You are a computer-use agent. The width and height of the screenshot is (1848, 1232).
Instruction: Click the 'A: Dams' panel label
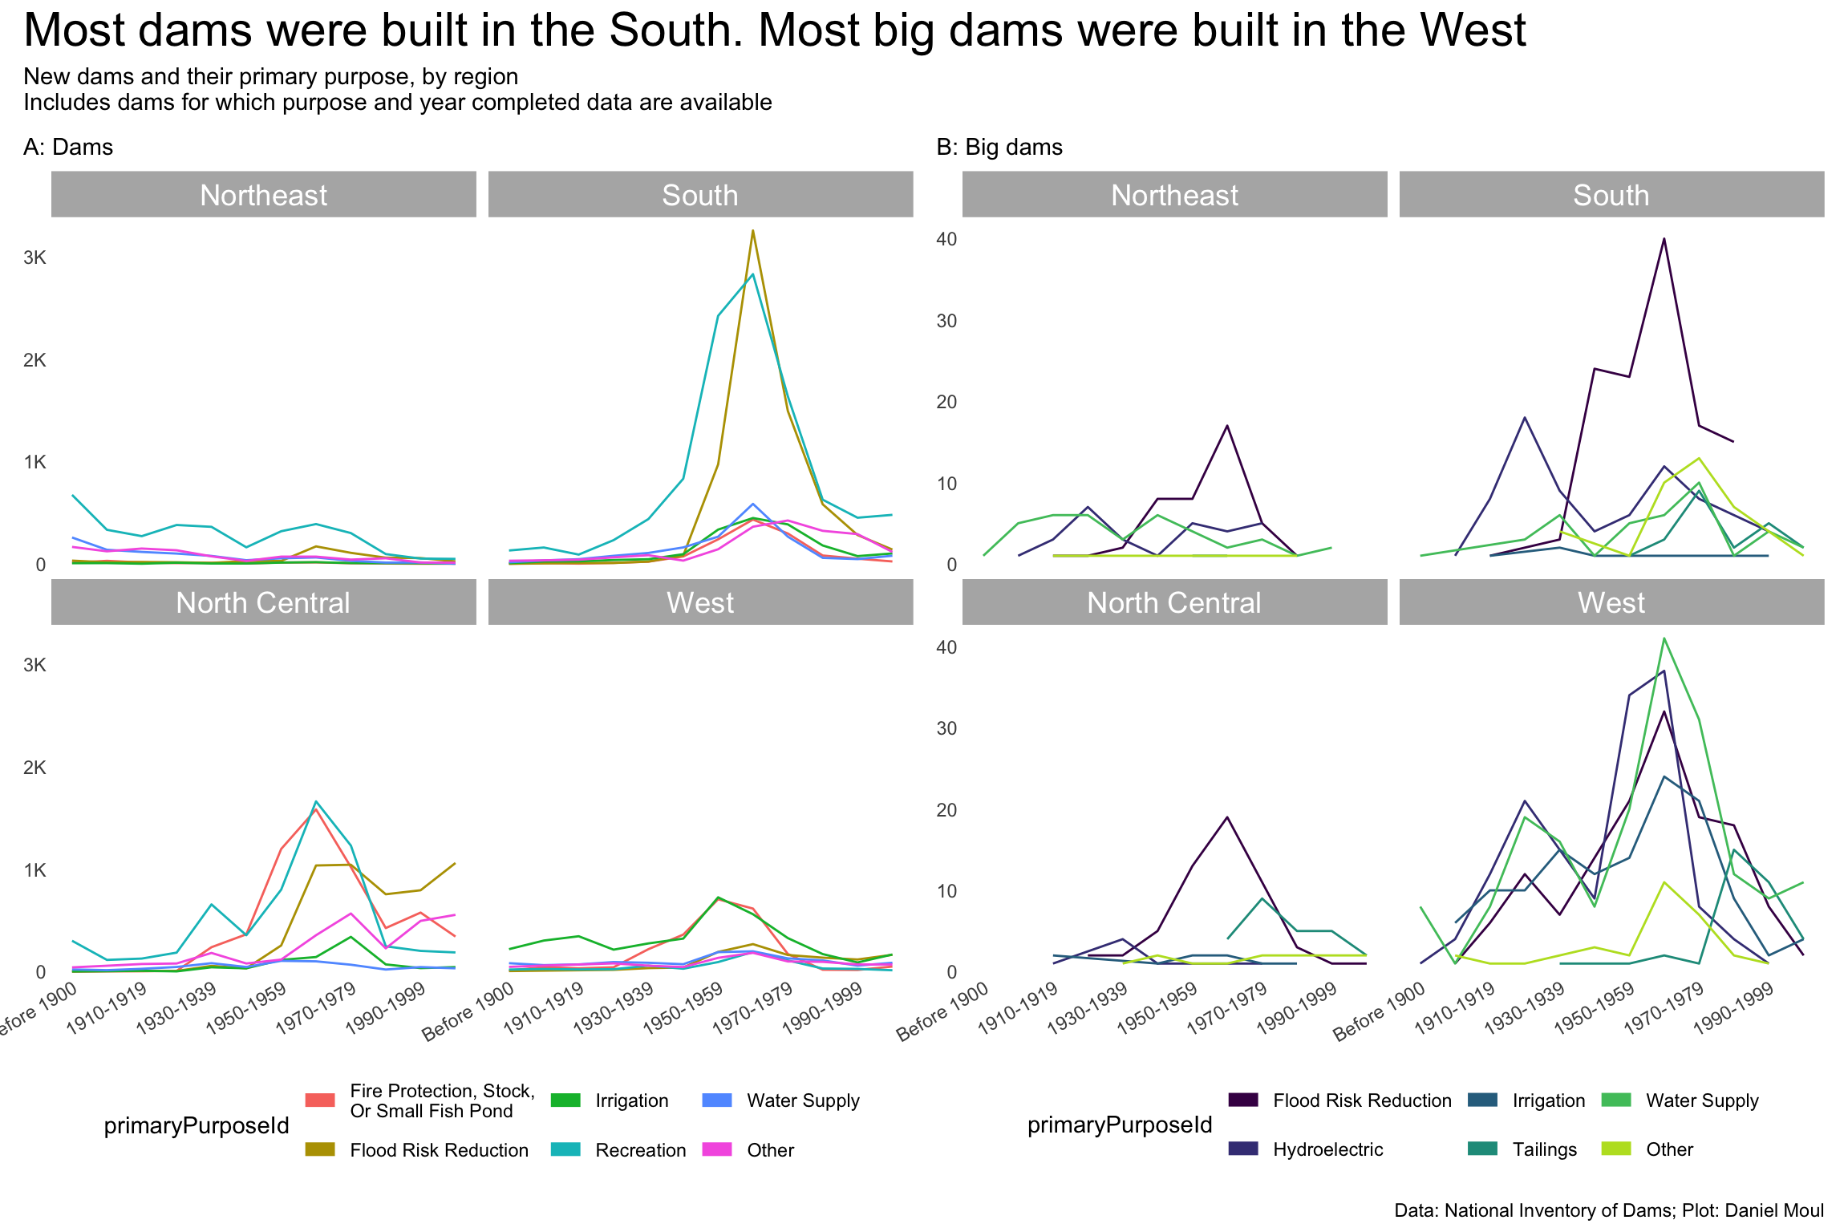click(x=68, y=148)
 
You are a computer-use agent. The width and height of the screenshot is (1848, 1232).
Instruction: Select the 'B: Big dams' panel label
click(x=999, y=148)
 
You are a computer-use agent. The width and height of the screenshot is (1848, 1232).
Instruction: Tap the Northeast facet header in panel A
click(x=263, y=195)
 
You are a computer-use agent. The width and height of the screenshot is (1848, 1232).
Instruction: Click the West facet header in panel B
click(x=1611, y=602)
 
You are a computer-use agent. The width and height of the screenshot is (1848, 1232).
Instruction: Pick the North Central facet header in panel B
click(x=1173, y=602)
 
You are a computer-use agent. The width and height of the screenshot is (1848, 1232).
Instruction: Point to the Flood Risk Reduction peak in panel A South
click(x=752, y=231)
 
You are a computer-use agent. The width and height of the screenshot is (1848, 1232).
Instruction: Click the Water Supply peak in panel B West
click(x=1664, y=638)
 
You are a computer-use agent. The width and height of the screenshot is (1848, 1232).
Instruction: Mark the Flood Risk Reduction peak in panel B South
click(x=1664, y=238)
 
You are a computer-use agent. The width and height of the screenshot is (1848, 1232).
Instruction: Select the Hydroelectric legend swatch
click(x=1242, y=1149)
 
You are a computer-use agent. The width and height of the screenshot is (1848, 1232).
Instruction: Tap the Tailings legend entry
click(x=1544, y=1149)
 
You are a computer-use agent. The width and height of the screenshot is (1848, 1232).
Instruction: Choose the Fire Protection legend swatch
click(x=320, y=1100)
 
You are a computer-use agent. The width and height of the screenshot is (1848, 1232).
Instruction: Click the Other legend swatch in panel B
click(x=1615, y=1149)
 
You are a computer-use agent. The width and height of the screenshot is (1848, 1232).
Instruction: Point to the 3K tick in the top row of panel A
click(x=34, y=257)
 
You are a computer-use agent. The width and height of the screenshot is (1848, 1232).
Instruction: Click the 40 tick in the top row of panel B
click(x=946, y=239)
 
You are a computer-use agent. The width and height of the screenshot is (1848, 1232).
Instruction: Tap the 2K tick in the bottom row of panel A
click(x=34, y=768)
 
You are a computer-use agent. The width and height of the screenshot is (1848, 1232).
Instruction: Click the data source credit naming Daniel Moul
click(x=1608, y=1210)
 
